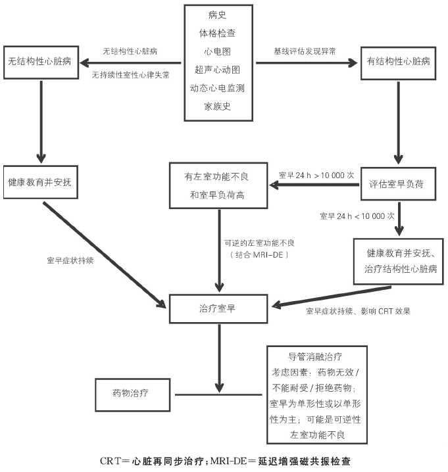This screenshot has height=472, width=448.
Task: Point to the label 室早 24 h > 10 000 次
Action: tap(316, 176)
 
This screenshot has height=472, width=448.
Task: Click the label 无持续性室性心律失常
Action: tap(131, 75)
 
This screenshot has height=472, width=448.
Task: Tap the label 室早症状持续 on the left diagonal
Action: tap(70, 260)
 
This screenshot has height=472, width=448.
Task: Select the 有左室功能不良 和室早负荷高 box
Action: tap(217, 185)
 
